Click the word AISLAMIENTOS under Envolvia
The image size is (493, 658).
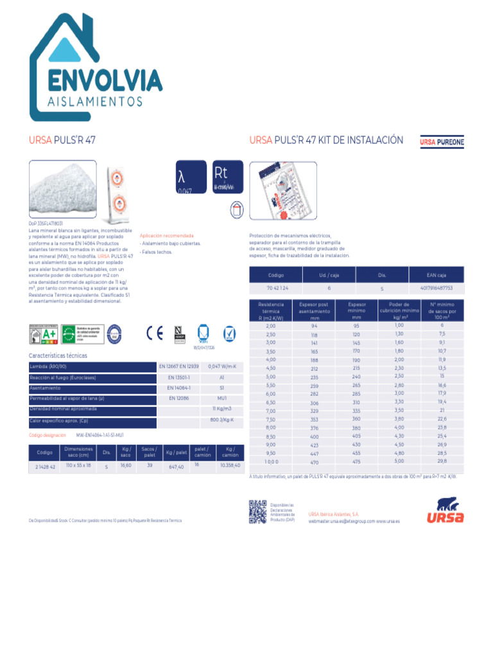click(94, 102)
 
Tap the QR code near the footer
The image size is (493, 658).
click(257, 511)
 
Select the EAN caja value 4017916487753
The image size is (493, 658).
click(437, 288)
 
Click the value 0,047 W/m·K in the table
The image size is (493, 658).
click(223, 366)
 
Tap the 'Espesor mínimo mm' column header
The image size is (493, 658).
click(356, 310)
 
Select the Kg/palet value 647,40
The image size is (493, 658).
click(176, 467)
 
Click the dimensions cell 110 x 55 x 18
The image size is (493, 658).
click(78, 465)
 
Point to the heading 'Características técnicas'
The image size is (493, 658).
click(58, 355)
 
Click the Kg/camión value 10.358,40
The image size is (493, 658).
click(230, 465)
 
